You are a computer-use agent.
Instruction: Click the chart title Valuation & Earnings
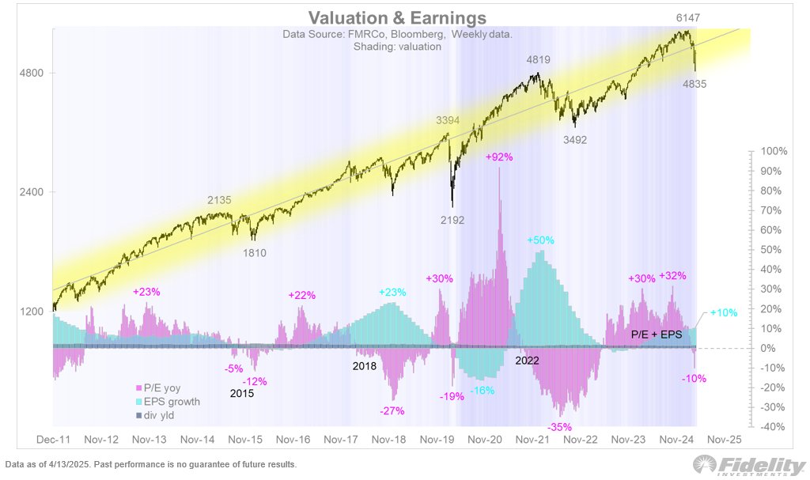coord(397,17)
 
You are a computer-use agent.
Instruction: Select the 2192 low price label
coord(452,221)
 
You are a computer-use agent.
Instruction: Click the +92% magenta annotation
coord(500,157)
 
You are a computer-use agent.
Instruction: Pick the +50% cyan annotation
coord(541,240)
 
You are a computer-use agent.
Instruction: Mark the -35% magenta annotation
coord(561,426)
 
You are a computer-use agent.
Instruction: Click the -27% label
coord(392,411)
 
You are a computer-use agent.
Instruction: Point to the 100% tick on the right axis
coord(774,151)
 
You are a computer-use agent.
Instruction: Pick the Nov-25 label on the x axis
coord(723,439)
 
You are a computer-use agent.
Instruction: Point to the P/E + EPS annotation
coord(655,335)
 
